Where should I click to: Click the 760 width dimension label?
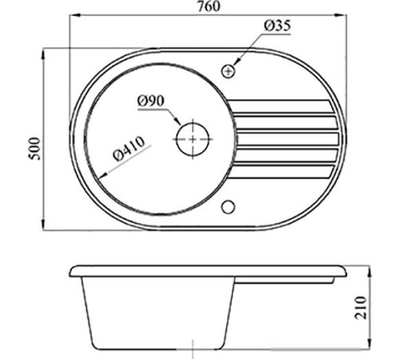pos(209,6)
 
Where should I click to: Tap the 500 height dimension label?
pos(35,149)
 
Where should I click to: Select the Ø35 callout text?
pos(278,26)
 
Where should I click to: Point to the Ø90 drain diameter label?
pos(151,102)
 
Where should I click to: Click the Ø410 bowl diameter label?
pos(130,149)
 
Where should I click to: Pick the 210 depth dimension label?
pos(361,307)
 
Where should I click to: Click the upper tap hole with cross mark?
pos(228,71)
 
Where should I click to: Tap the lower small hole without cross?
pos(228,207)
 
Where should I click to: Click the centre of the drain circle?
pos(193,139)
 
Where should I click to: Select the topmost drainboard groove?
pos(279,106)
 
